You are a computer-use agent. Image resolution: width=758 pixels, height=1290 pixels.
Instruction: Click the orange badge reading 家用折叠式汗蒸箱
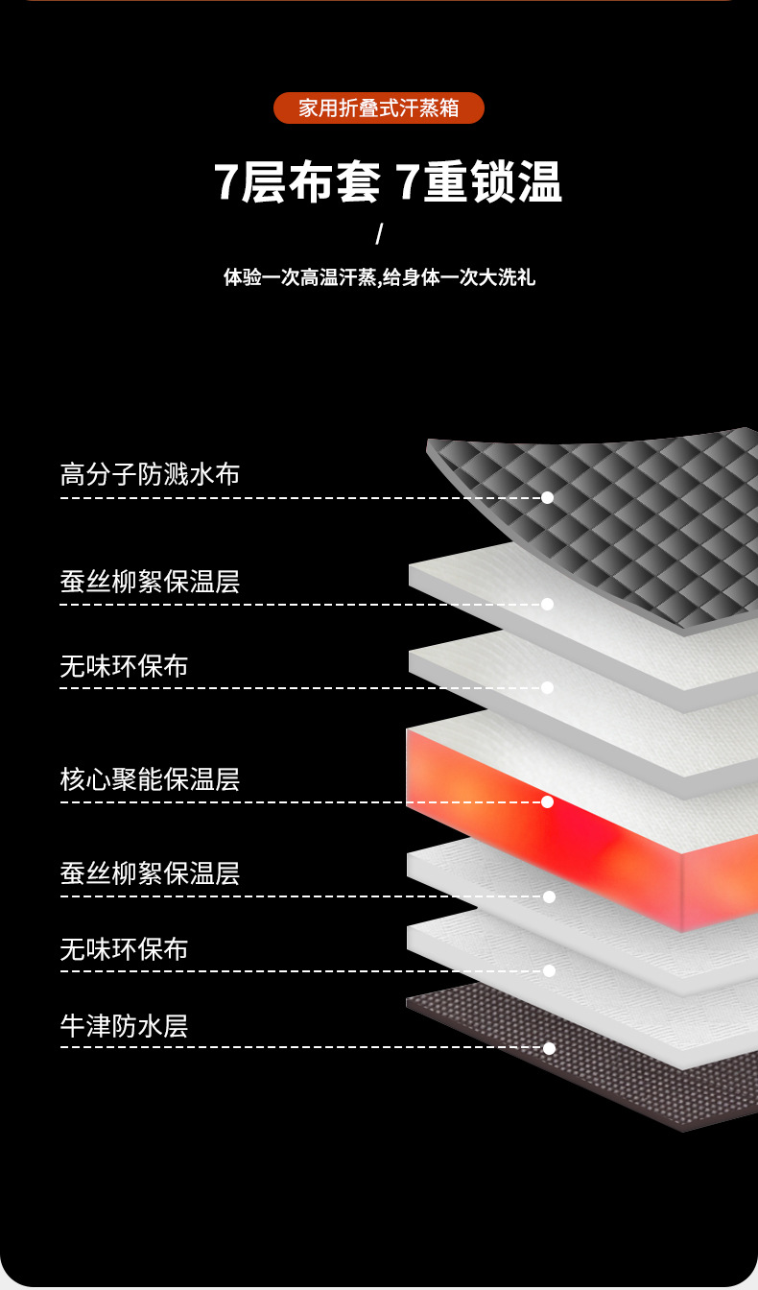click(379, 107)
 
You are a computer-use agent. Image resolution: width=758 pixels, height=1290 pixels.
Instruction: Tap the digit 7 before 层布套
click(225, 181)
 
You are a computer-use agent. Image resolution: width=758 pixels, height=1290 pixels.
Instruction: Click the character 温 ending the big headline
click(539, 181)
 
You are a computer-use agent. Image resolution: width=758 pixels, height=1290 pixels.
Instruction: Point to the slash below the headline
click(379, 233)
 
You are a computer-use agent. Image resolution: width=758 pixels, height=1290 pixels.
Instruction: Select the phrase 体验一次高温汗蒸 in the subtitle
click(299, 278)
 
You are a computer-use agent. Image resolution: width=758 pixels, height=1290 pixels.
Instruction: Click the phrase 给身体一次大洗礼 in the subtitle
click(459, 278)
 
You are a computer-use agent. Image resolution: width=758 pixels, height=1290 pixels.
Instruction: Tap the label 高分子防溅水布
click(150, 474)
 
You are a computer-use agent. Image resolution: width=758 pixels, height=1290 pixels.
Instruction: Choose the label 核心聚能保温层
click(150, 778)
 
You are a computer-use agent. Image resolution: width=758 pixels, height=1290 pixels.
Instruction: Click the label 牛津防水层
click(124, 1025)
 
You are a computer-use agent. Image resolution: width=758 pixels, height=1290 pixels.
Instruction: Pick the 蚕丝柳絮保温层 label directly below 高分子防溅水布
click(150, 582)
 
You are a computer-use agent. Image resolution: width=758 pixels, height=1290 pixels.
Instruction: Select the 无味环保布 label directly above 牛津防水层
click(124, 949)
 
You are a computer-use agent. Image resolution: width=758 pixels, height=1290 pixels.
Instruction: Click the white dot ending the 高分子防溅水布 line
click(547, 498)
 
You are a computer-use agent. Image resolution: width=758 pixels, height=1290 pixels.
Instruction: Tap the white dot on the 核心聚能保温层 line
click(547, 801)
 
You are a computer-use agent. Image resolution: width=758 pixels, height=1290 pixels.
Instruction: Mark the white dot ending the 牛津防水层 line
click(549, 1048)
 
